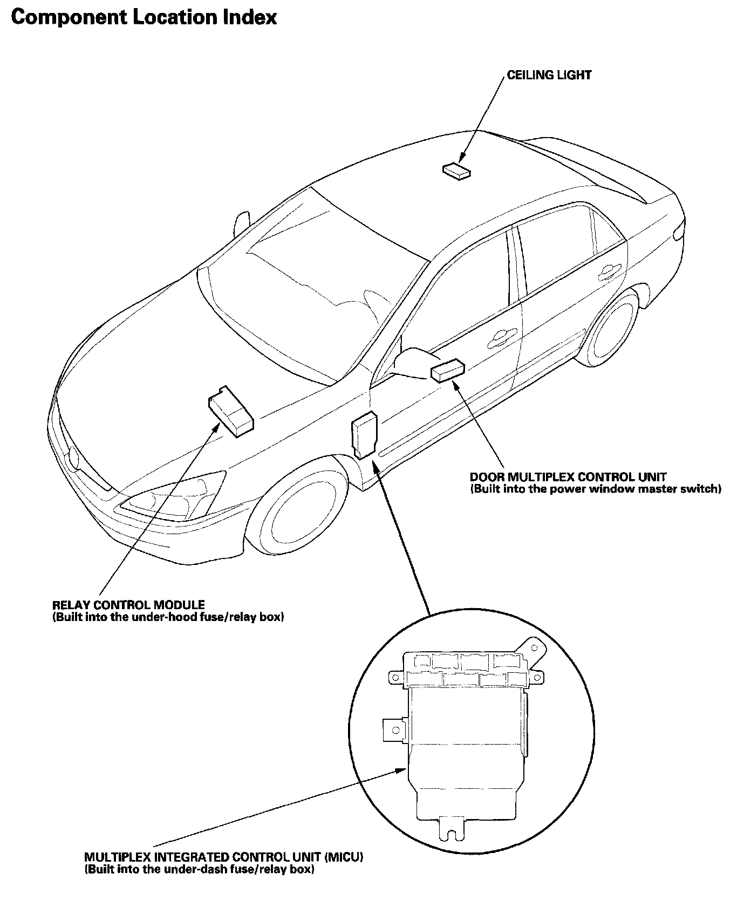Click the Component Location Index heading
click(144, 18)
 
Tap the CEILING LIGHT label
click(549, 75)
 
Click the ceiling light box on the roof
click(456, 170)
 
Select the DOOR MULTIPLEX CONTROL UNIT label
click(568, 477)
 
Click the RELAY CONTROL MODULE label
click(128, 605)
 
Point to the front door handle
click(500, 338)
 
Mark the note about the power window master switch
click(596, 489)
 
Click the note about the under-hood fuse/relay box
click(168, 617)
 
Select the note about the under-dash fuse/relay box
click(199, 869)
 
